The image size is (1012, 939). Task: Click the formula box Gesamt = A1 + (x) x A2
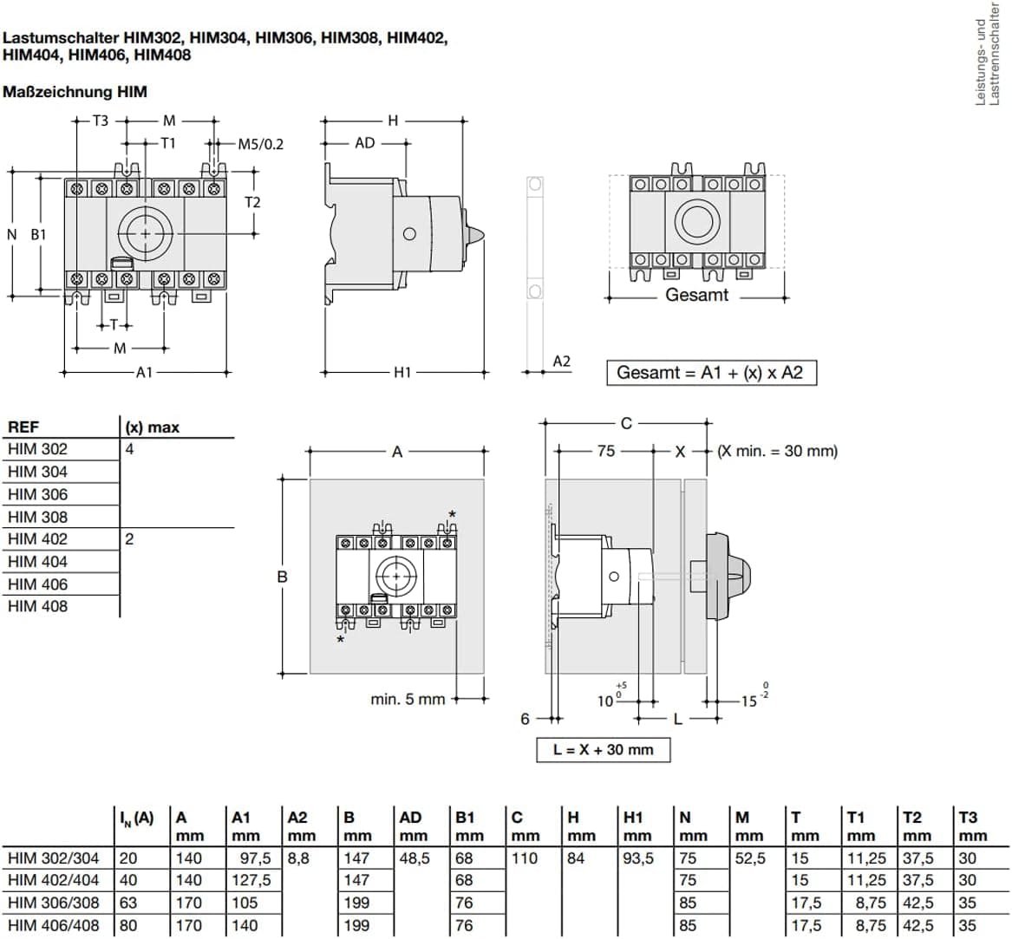tap(710, 373)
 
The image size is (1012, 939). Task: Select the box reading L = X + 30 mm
tap(603, 749)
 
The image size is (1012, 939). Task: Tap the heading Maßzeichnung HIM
tap(75, 91)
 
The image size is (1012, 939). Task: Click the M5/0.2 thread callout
tap(260, 144)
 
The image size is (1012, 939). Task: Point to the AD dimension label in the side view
tap(365, 143)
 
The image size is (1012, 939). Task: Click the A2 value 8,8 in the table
tap(297, 857)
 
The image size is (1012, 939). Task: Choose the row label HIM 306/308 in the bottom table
tap(53, 903)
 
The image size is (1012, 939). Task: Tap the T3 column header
tap(968, 817)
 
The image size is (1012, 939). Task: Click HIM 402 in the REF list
tap(37, 538)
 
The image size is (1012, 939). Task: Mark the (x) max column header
tap(153, 427)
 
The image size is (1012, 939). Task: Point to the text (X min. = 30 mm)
tap(777, 451)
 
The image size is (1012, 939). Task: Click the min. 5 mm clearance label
tap(408, 699)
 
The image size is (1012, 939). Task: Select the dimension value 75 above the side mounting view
tap(605, 451)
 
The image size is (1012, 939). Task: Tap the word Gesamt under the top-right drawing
tap(696, 295)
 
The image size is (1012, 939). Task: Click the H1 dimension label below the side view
tap(402, 372)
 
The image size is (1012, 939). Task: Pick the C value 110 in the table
tap(524, 857)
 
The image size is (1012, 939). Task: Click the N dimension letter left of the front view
tap(12, 234)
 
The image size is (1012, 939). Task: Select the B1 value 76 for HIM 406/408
tap(464, 925)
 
